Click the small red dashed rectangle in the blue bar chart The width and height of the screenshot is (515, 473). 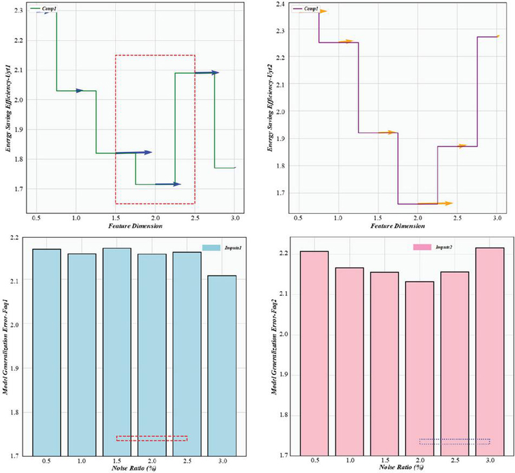pyautogui.click(x=152, y=438)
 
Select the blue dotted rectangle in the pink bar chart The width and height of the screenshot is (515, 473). pyautogui.click(x=454, y=441)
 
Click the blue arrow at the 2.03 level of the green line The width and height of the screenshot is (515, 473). pyautogui.click(x=76, y=91)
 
